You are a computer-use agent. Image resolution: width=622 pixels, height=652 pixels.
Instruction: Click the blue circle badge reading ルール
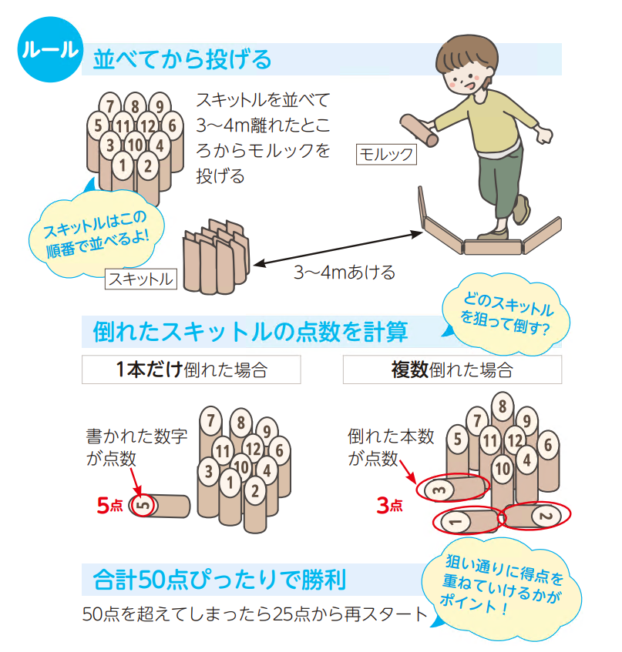[50, 49]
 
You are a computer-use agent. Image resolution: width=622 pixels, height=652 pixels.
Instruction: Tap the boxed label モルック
[386, 154]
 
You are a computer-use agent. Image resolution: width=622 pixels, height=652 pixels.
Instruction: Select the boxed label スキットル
[141, 279]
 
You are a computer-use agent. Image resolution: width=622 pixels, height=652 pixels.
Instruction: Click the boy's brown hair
[466, 56]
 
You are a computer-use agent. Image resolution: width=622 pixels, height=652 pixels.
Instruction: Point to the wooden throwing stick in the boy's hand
[419, 130]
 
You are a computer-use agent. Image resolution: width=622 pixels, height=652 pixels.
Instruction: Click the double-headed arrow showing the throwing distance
[338, 248]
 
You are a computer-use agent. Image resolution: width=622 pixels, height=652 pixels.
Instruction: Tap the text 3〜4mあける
[345, 273]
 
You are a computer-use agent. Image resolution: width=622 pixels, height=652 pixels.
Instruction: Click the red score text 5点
[110, 505]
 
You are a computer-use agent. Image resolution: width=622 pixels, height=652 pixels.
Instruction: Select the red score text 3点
[389, 505]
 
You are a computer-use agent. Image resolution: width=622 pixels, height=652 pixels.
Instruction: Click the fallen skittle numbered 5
[159, 506]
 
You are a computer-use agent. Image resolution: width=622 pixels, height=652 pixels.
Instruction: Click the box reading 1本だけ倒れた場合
[191, 369]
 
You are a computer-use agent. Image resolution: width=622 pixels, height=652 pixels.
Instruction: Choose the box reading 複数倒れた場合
[452, 369]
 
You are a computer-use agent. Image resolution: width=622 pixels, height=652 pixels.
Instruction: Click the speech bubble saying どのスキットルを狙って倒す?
[506, 314]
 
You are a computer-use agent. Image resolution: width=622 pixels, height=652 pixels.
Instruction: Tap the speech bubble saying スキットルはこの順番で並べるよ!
[96, 234]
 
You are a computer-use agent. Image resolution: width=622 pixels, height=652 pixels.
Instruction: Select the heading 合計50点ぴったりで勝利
[220, 579]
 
